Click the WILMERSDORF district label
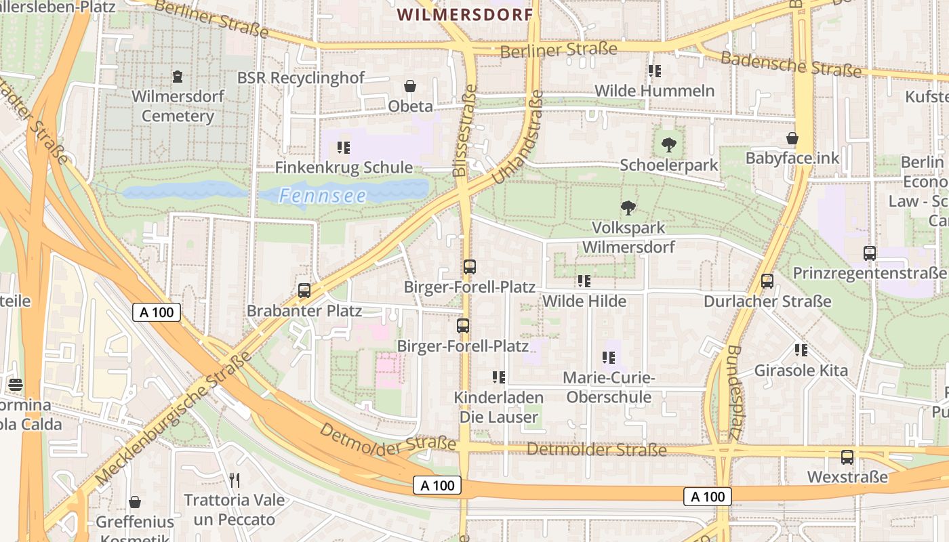(x=465, y=14)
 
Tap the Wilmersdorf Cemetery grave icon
(x=178, y=75)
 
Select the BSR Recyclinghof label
(x=300, y=78)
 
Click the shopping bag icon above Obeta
(x=410, y=86)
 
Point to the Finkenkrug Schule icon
(x=344, y=147)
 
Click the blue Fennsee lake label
(x=323, y=196)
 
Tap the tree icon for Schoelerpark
(x=668, y=144)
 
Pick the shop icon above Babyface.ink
(x=792, y=138)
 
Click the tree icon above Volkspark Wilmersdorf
(x=628, y=207)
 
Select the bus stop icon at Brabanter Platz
(x=304, y=291)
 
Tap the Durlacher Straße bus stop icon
(x=767, y=280)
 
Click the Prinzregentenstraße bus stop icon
(x=869, y=253)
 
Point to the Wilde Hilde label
(x=584, y=301)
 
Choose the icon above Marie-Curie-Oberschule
(x=609, y=357)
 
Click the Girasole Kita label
(x=801, y=370)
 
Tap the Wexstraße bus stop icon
(x=847, y=457)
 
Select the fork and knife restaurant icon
(x=235, y=480)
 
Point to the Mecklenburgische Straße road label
(x=173, y=418)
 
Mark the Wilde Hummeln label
(x=654, y=91)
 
